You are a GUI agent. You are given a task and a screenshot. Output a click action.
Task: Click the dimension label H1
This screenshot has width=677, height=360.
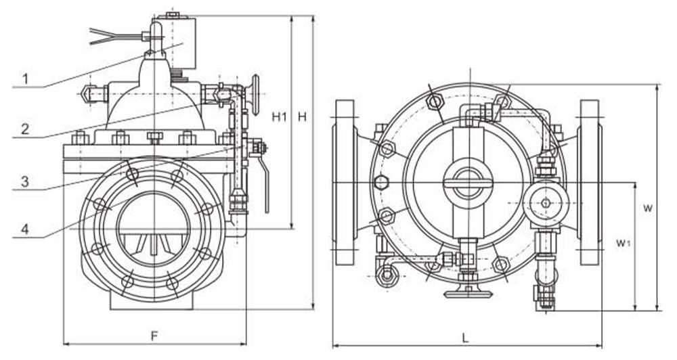click(279, 117)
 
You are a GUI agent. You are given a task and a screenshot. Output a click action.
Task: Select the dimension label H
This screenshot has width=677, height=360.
click(303, 117)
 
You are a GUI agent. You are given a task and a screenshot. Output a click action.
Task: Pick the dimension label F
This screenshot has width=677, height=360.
click(154, 336)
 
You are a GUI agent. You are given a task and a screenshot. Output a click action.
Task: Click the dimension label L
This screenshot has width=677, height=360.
click(466, 336)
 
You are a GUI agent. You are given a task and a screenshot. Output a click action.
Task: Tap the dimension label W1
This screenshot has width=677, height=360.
click(624, 242)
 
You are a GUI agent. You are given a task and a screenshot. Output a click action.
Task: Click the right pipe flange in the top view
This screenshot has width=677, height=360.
click(589, 183)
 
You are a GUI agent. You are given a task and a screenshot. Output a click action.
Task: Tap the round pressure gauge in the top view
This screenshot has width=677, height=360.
click(546, 203)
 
